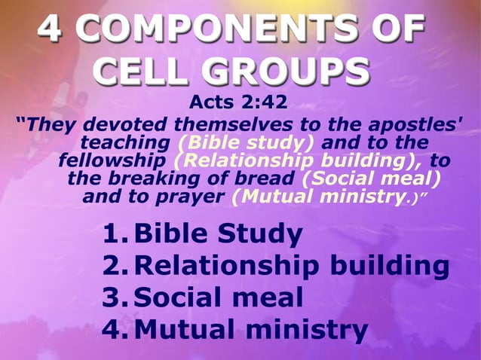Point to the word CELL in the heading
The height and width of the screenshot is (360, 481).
(x=142, y=72)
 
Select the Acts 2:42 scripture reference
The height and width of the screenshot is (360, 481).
(x=238, y=102)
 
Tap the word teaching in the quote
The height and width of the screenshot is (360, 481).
(x=125, y=143)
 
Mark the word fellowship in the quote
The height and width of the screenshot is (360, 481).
(x=113, y=161)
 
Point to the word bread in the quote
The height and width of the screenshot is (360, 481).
(x=265, y=179)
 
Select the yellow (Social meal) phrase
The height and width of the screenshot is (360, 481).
(x=371, y=179)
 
